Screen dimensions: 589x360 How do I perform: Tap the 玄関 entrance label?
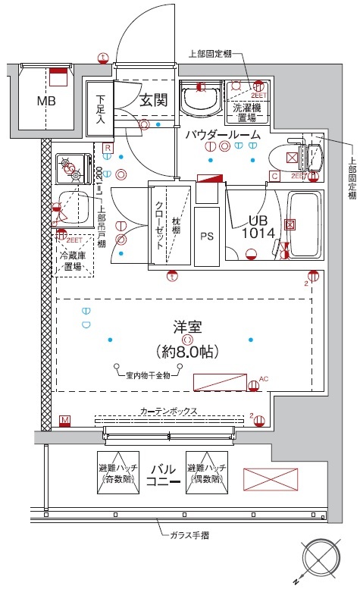click(153, 99)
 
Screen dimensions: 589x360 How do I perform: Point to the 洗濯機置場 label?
click(243, 111)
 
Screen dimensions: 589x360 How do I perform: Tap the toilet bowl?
click(308, 157)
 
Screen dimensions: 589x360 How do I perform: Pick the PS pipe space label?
click(207, 236)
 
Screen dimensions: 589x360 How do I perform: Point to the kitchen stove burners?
click(69, 167)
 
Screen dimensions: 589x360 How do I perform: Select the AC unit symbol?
click(220, 381)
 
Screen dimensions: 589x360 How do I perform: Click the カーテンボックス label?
click(168, 411)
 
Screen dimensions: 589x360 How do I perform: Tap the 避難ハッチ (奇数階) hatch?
click(117, 472)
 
